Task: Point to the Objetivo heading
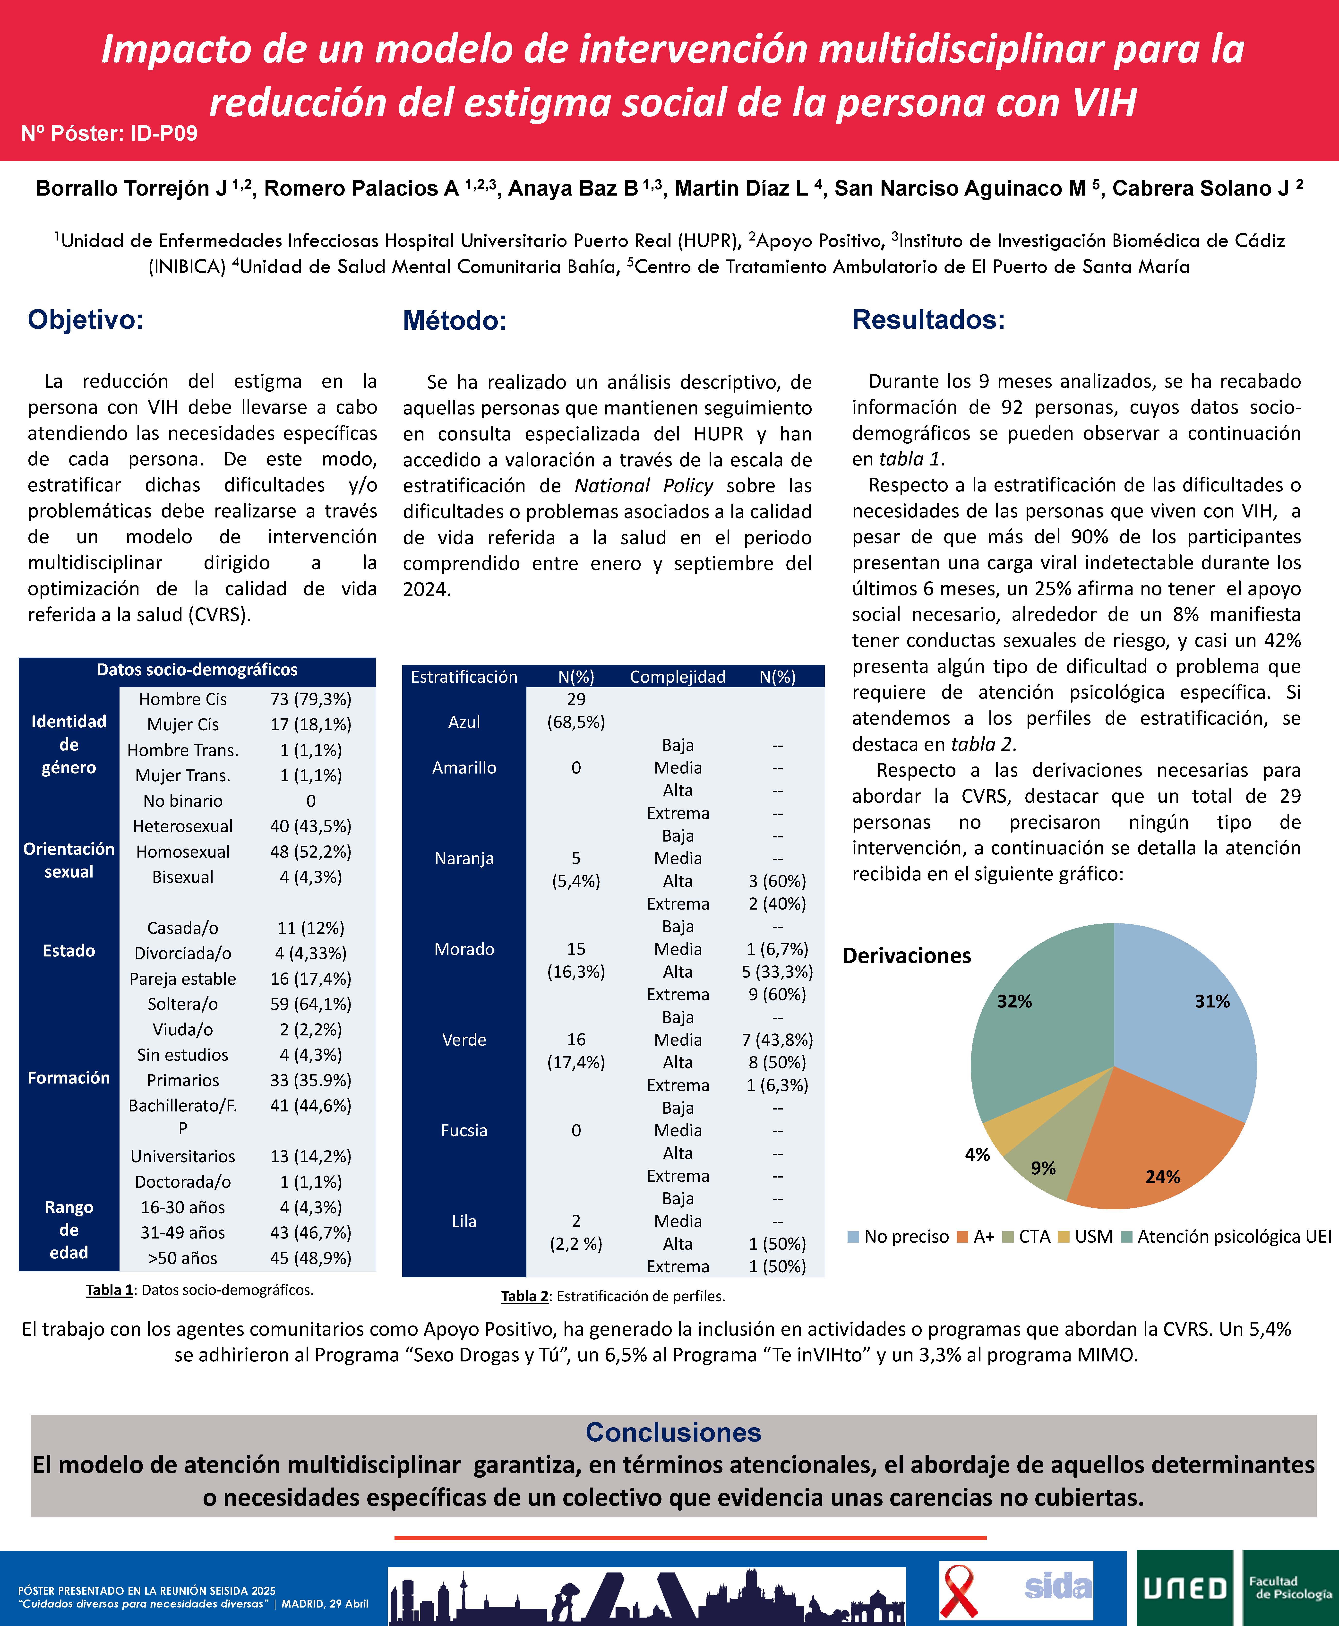(86, 319)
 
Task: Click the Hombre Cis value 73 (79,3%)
(310, 699)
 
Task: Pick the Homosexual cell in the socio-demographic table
(183, 852)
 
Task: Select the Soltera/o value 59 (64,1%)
(310, 1004)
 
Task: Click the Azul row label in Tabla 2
(463, 722)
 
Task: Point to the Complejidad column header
(677, 677)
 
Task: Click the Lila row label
(463, 1221)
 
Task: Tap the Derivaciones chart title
(906, 956)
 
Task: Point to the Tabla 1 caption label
(109, 1290)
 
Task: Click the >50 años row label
(183, 1258)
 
